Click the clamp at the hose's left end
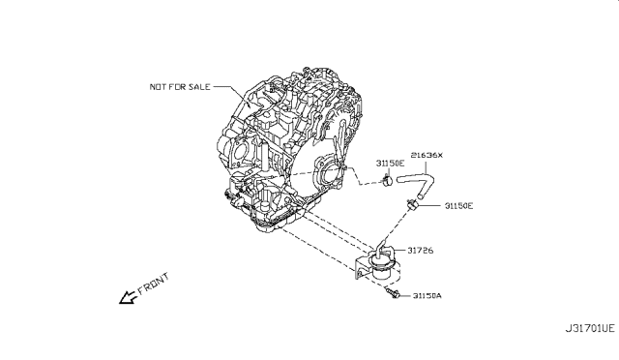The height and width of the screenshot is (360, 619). pos(386,178)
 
